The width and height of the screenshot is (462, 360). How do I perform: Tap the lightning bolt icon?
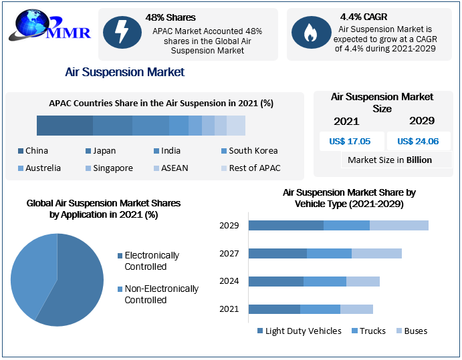click(x=122, y=32)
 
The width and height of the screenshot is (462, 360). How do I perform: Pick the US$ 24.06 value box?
click(x=417, y=141)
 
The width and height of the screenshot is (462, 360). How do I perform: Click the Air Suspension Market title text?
click(x=124, y=71)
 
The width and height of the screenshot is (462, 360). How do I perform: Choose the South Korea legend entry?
click(x=248, y=151)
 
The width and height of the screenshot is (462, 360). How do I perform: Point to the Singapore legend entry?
click(x=108, y=168)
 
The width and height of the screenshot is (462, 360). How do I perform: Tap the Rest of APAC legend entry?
click(x=250, y=168)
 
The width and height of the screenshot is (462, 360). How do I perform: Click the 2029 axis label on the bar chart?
click(x=229, y=225)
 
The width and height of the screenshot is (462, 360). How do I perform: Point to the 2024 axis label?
click(x=229, y=281)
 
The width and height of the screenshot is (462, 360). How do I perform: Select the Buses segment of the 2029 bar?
click(x=398, y=225)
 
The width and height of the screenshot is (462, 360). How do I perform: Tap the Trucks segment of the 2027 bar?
click(x=329, y=253)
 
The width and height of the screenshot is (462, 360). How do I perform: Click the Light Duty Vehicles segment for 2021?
click(x=274, y=309)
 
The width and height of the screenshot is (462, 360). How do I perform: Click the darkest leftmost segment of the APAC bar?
click(x=65, y=126)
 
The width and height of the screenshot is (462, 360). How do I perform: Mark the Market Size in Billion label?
click(x=390, y=160)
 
